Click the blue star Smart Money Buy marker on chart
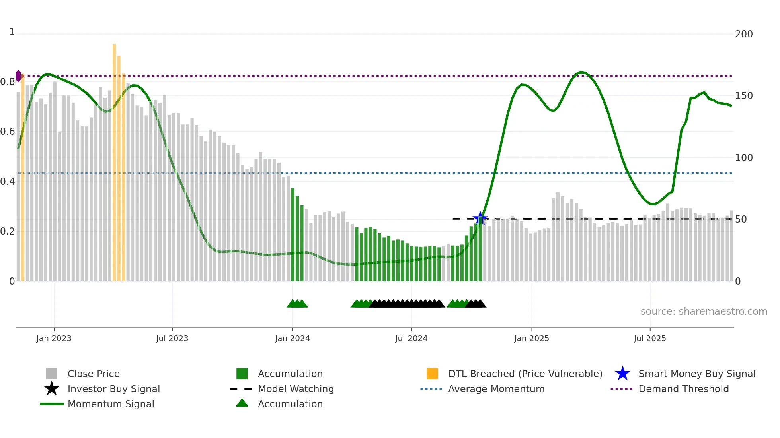click(x=480, y=218)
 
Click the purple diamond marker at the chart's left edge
click(x=18, y=76)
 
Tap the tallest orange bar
click(x=114, y=159)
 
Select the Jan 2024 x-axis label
click(x=292, y=338)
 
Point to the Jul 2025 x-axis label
click(x=649, y=338)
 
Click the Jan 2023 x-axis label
click(x=54, y=338)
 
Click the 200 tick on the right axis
click(x=743, y=34)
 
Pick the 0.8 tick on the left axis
click(x=8, y=82)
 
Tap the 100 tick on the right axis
click(x=743, y=158)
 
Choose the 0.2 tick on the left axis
click(x=8, y=231)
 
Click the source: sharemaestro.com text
click(x=704, y=312)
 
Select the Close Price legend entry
click(x=94, y=374)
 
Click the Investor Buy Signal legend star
click(x=52, y=389)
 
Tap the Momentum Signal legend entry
click(x=111, y=404)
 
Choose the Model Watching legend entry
click(x=296, y=389)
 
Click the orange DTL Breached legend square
click(x=432, y=374)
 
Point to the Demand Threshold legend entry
click(x=683, y=389)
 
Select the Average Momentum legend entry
click(x=496, y=389)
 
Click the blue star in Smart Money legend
click(x=622, y=374)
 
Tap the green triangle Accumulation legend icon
click(x=242, y=403)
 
